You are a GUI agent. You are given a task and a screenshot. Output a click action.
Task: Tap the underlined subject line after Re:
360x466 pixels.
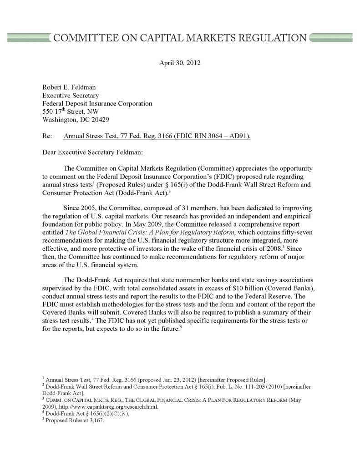tap(157, 136)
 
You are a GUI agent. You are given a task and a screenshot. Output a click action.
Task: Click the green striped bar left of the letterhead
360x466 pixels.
tap(27, 37)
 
